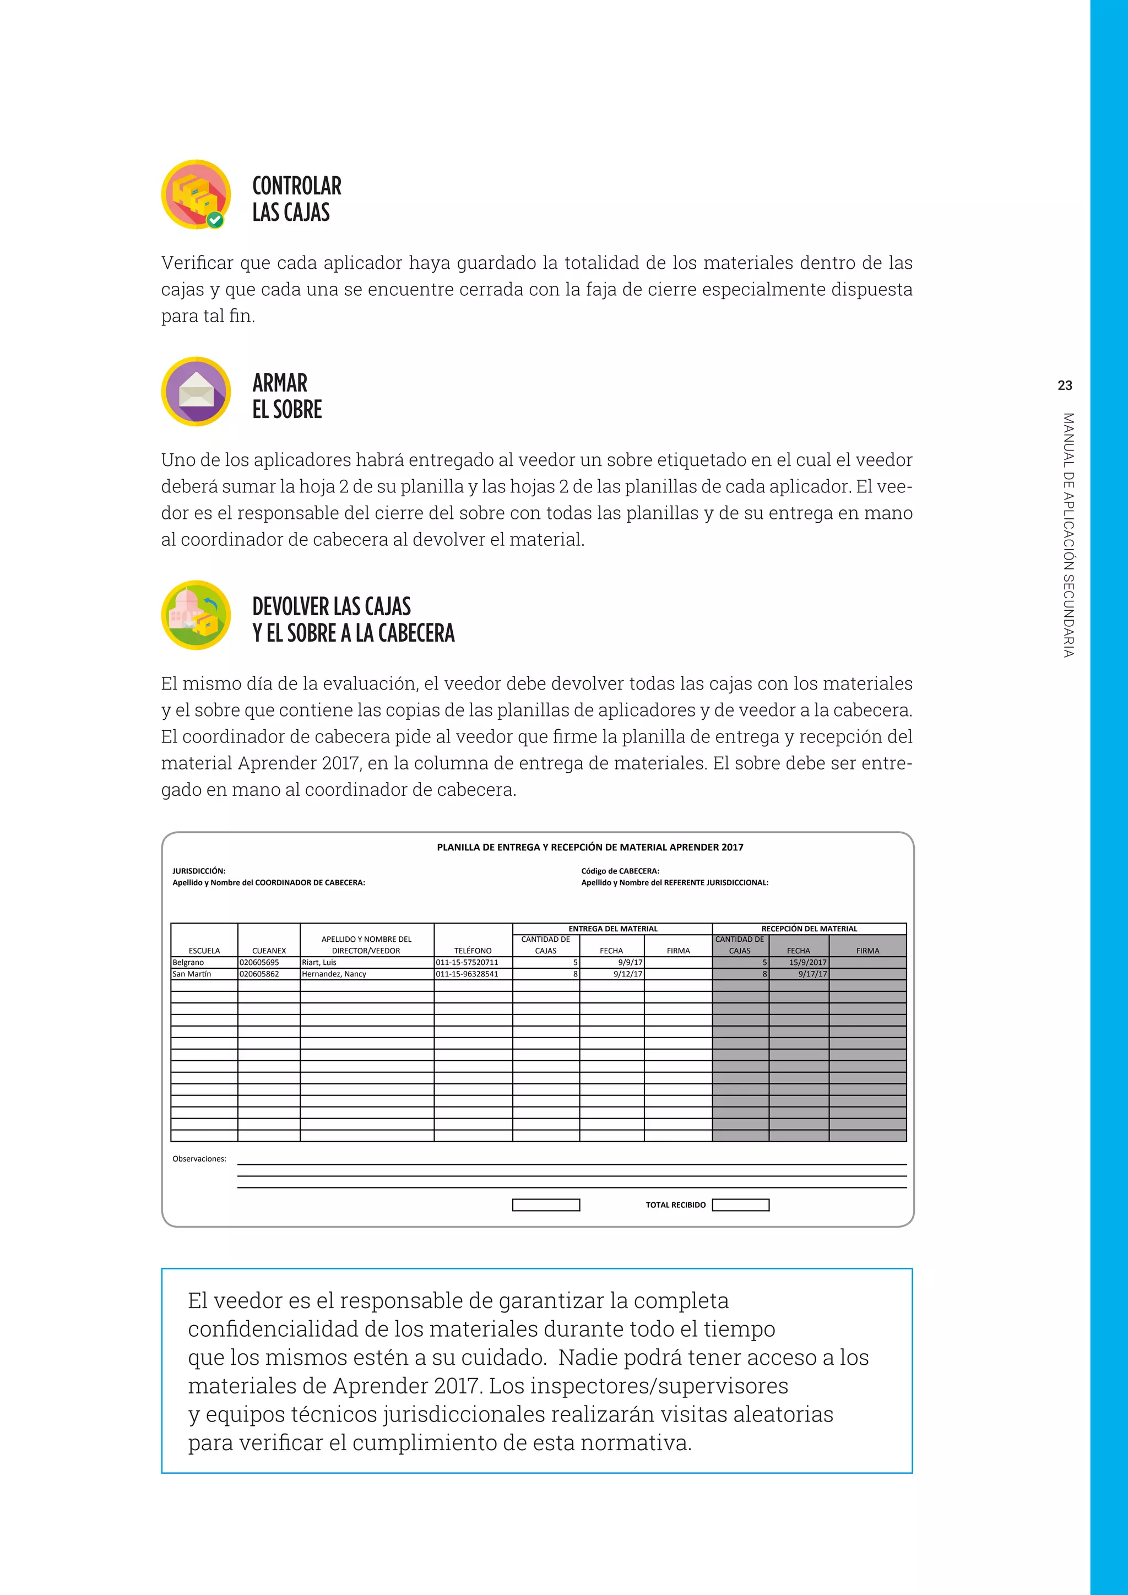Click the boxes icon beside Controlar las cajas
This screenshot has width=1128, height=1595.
pyautogui.click(x=196, y=194)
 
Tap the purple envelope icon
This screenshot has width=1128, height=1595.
pyautogui.click(x=196, y=391)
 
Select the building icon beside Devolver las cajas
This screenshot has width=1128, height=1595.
pyautogui.click(x=196, y=615)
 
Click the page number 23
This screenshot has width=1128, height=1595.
pyautogui.click(x=1065, y=386)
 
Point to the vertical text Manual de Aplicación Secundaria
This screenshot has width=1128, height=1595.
pyautogui.click(x=1069, y=535)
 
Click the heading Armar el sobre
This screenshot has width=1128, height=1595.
pyautogui.click(x=287, y=396)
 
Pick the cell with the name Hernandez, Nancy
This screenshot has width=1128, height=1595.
pyautogui.click(x=366, y=974)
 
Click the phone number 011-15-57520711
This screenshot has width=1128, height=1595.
pyautogui.click(x=473, y=963)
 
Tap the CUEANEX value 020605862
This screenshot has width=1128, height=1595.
pyautogui.click(x=268, y=974)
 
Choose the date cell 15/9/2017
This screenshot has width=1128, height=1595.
pyautogui.click(x=799, y=963)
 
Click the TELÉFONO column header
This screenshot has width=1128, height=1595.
pyautogui.click(x=473, y=950)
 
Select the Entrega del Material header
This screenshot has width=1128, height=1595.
pyautogui.click(x=612, y=929)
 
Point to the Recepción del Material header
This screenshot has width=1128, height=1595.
pyautogui.click(x=809, y=929)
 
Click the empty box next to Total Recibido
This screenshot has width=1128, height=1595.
pyautogui.click(x=740, y=1205)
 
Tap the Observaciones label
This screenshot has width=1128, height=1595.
pyautogui.click(x=199, y=1159)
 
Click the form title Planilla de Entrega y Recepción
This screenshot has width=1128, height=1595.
pyautogui.click(x=590, y=848)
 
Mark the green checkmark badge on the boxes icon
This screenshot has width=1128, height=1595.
pyautogui.click(x=215, y=220)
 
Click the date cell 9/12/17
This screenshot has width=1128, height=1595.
pyautogui.click(x=612, y=974)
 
